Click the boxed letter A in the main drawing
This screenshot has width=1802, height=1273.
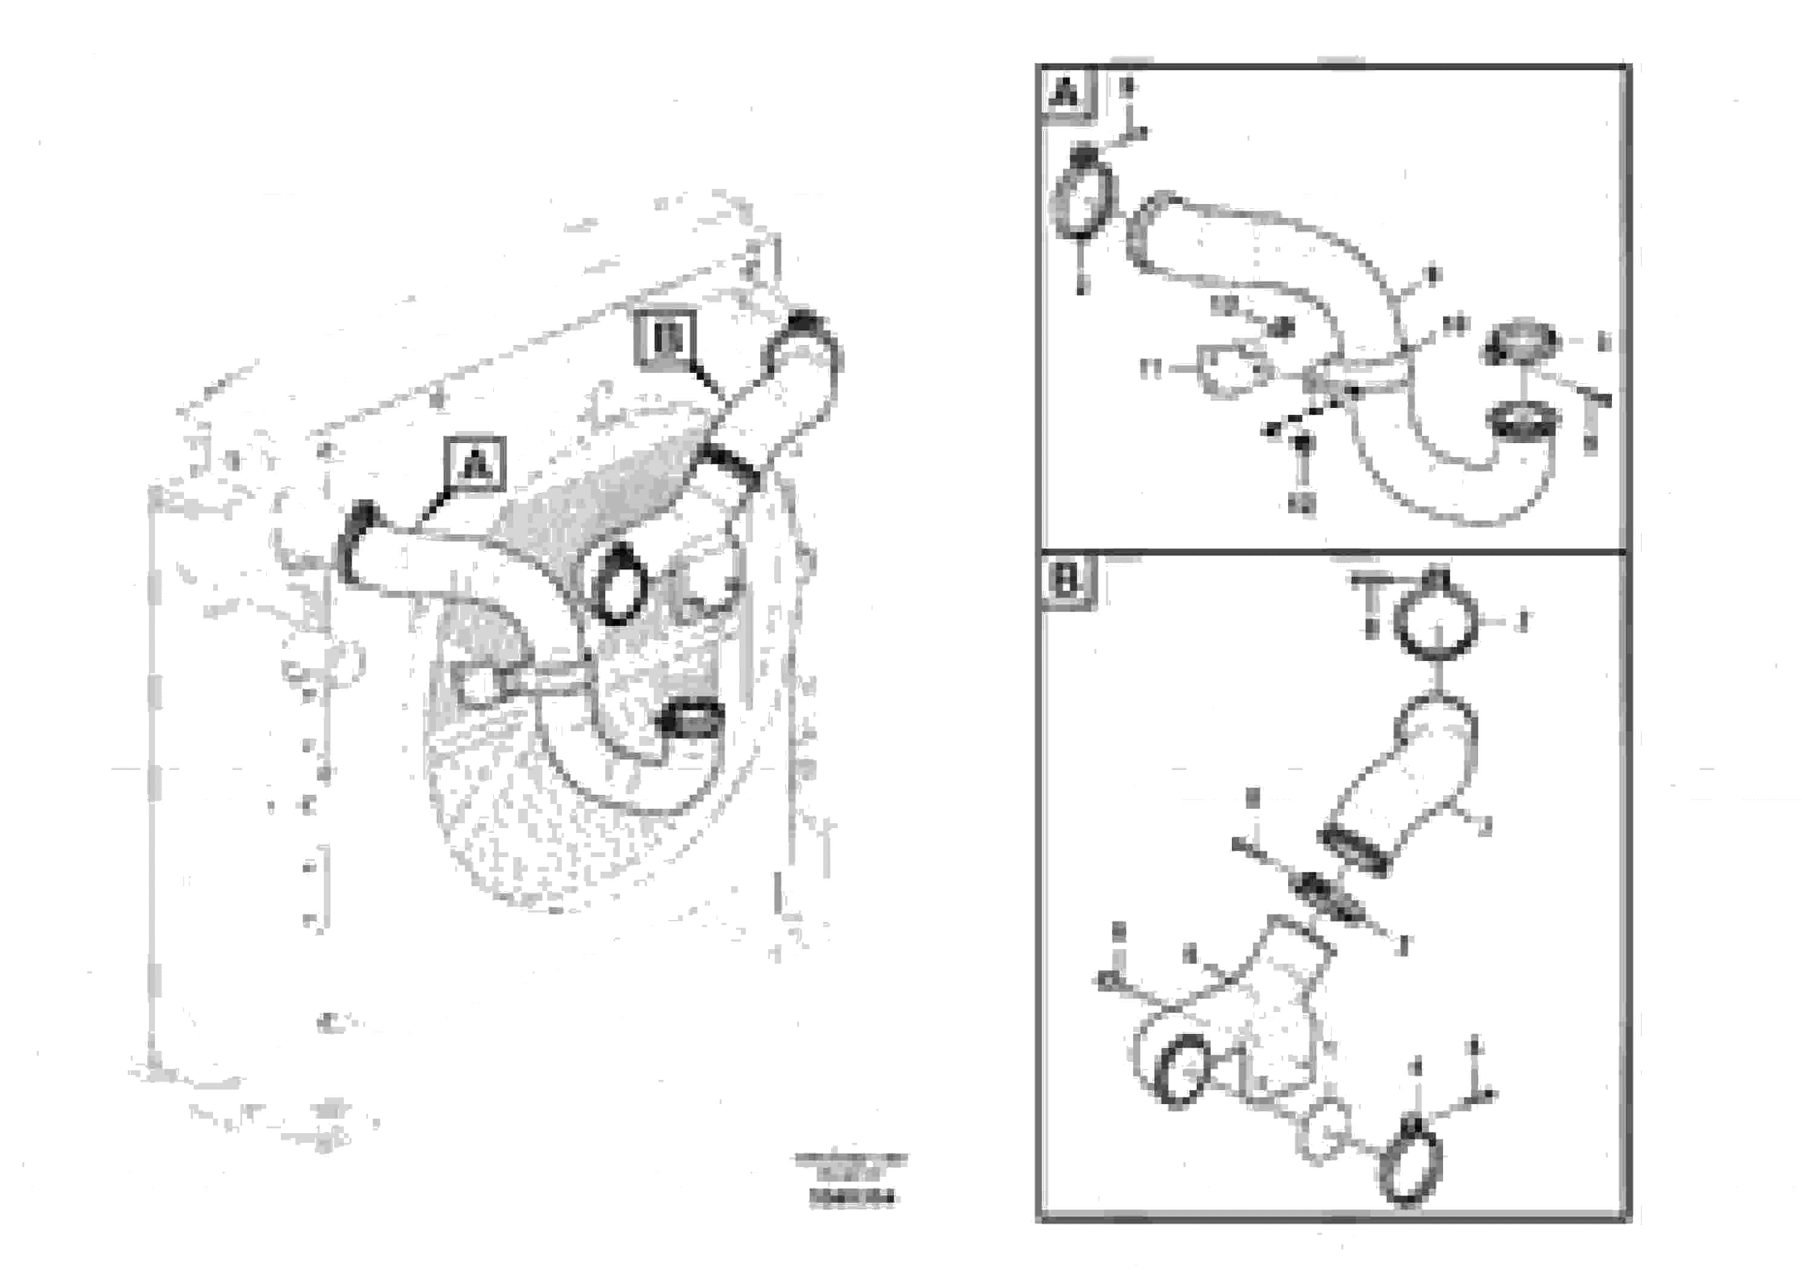475,464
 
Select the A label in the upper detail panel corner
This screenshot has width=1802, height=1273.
1066,96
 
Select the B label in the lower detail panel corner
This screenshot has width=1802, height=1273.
1066,582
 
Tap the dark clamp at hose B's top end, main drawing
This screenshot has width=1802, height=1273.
804,330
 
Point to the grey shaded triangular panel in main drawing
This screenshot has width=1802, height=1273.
596,495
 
